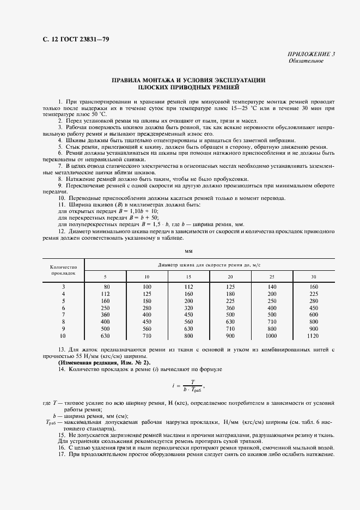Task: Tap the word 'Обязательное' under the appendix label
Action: (306, 61)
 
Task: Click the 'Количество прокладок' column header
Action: (63, 270)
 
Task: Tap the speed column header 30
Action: (314, 277)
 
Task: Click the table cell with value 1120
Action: (314, 336)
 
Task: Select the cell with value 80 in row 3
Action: (107, 287)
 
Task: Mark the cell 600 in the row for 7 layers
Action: (314, 315)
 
